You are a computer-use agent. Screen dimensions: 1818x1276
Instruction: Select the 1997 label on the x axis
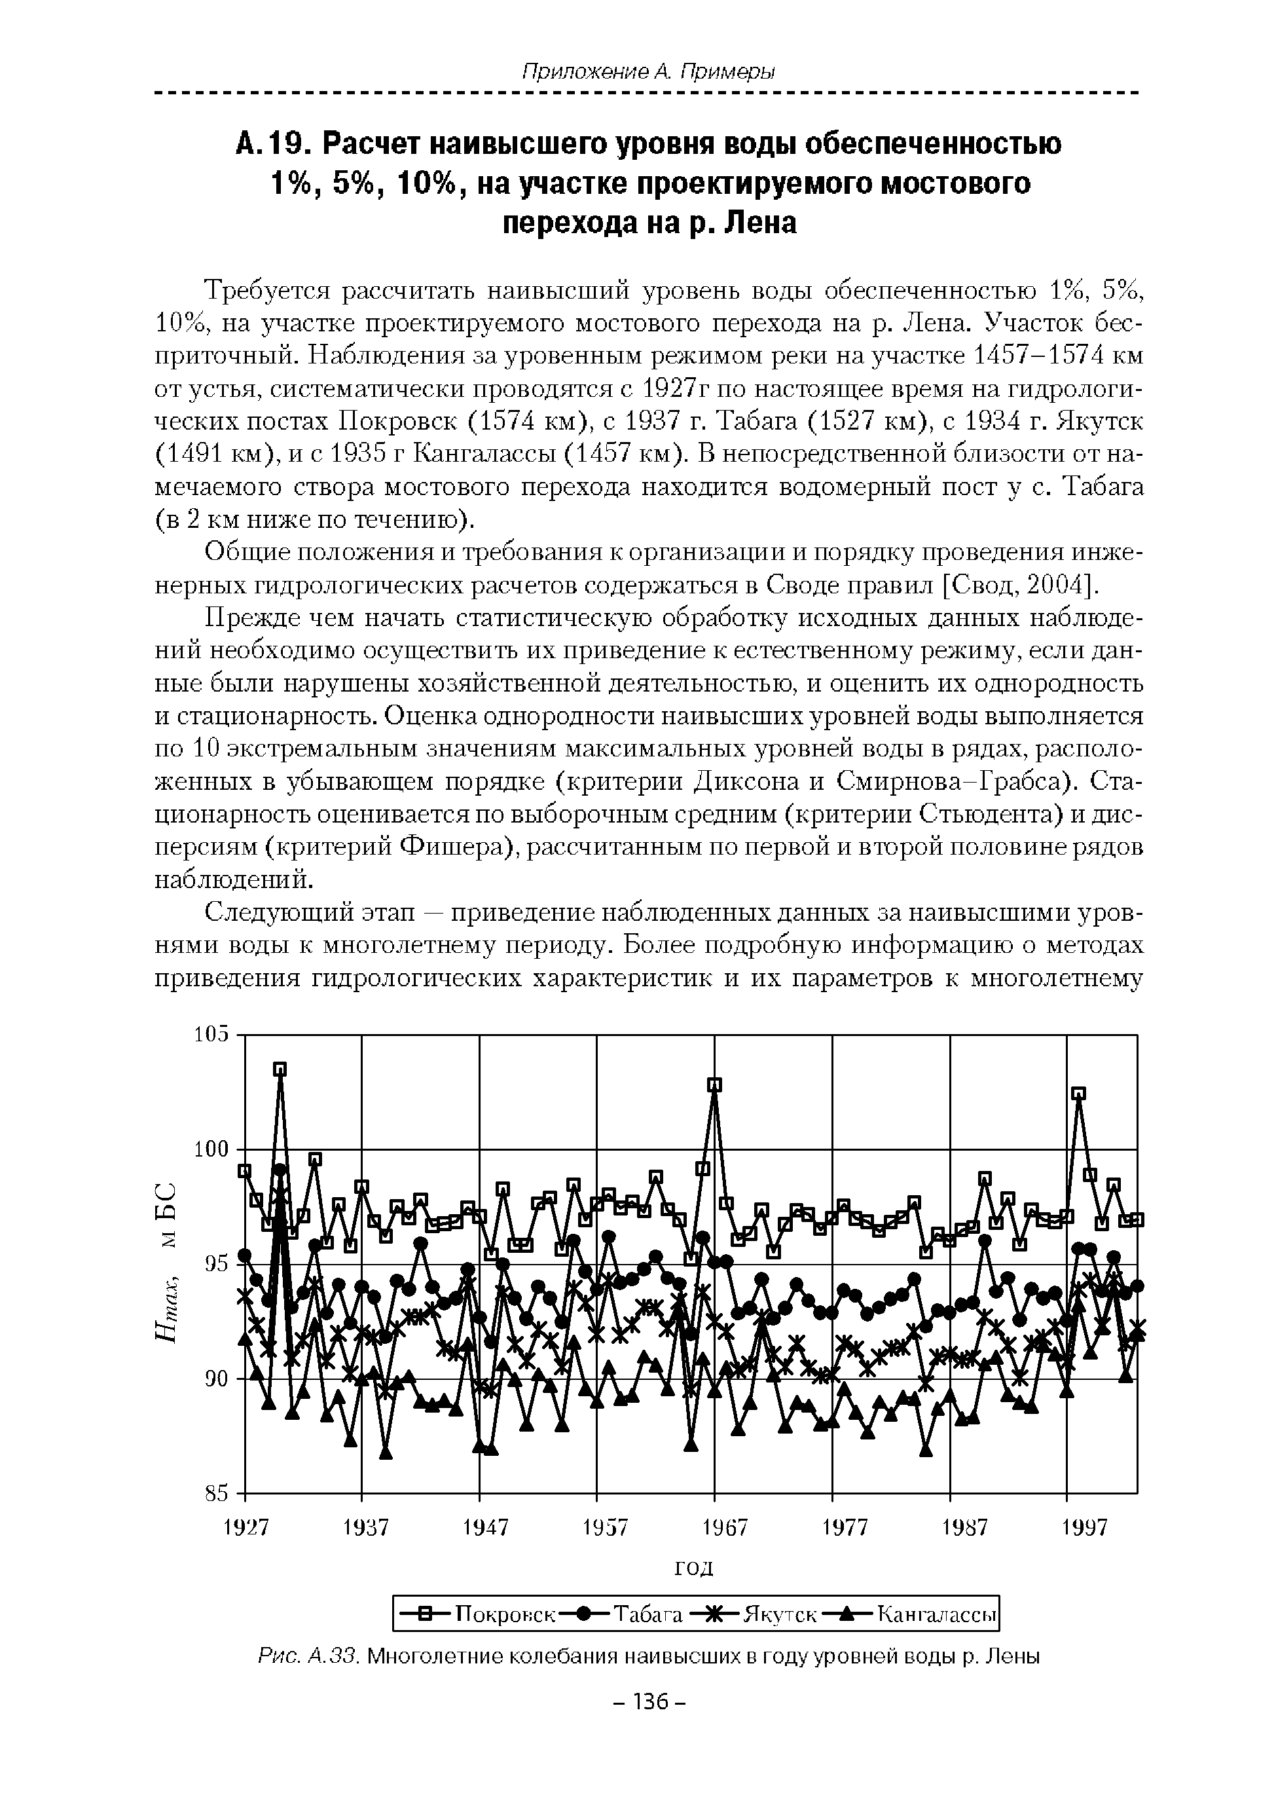(1084, 1527)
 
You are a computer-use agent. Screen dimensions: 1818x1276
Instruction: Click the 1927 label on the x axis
(246, 1527)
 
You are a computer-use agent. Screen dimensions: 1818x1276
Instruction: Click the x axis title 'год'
(693, 1567)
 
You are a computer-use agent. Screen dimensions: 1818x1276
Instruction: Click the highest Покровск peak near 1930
(280, 1069)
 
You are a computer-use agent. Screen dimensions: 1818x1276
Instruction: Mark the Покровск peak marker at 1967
(715, 1084)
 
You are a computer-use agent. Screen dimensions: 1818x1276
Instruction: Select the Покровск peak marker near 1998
(1078, 1094)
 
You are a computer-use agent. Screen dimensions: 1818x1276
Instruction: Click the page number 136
(648, 1700)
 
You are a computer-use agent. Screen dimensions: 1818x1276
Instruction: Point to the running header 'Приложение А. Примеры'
(647, 71)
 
